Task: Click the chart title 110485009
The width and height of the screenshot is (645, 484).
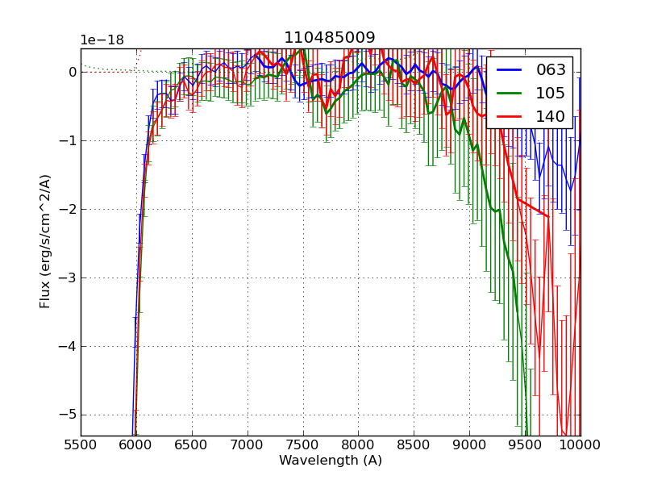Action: click(x=329, y=38)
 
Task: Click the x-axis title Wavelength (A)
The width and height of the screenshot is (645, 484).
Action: click(x=331, y=461)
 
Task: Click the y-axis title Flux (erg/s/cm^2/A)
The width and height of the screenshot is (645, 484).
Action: click(x=46, y=240)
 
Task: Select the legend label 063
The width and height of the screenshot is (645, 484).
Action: click(x=551, y=70)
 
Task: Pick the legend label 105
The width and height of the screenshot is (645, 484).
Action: click(x=551, y=94)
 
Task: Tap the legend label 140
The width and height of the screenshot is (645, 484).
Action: click(x=551, y=117)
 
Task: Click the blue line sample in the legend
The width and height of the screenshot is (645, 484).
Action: click(x=510, y=70)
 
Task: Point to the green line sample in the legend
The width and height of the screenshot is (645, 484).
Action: click(x=510, y=94)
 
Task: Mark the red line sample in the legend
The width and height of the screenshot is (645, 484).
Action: click(x=510, y=117)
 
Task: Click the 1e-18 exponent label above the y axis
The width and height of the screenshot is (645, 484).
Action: click(x=102, y=40)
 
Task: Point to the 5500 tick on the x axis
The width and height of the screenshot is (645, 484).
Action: click(x=81, y=444)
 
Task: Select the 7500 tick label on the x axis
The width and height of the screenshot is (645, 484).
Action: click(x=303, y=444)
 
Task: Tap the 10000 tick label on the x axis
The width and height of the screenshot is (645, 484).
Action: click(x=580, y=444)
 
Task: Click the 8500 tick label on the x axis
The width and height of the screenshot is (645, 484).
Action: click(x=414, y=444)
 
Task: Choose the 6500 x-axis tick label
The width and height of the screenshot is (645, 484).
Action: click(x=192, y=444)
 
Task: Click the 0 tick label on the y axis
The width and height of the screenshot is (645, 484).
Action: click(x=73, y=72)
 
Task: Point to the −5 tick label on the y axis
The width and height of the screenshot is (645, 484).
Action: click(x=68, y=415)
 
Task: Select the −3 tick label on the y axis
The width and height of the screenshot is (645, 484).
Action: click(x=68, y=277)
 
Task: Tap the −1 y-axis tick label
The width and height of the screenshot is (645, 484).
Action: click(x=68, y=140)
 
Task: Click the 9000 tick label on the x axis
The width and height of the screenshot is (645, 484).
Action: click(x=470, y=444)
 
